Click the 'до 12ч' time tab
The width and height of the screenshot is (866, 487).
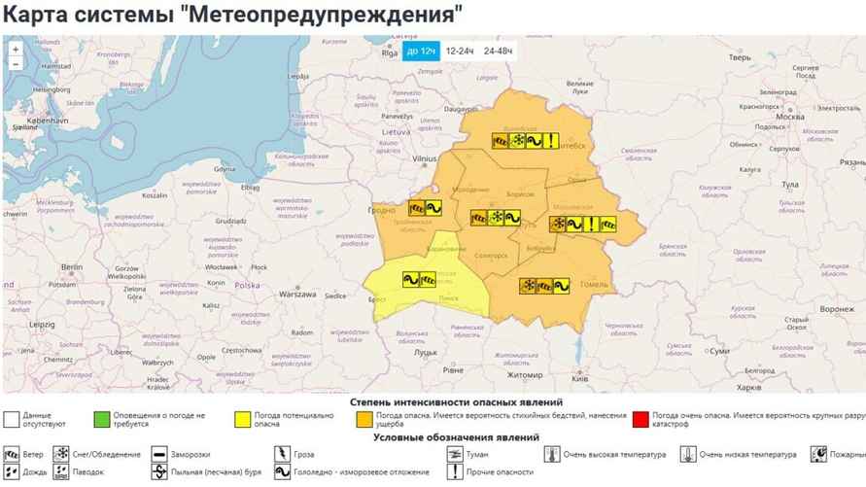click(422, 50)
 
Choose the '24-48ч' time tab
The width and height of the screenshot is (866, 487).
click(500, 50)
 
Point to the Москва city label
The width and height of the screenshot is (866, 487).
click(789, 117)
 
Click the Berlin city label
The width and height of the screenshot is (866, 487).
click(71, 266)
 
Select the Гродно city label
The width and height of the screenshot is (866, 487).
click(381, 210)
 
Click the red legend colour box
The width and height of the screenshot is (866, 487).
click(640, 420)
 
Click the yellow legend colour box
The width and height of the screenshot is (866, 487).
click(242, 420)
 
